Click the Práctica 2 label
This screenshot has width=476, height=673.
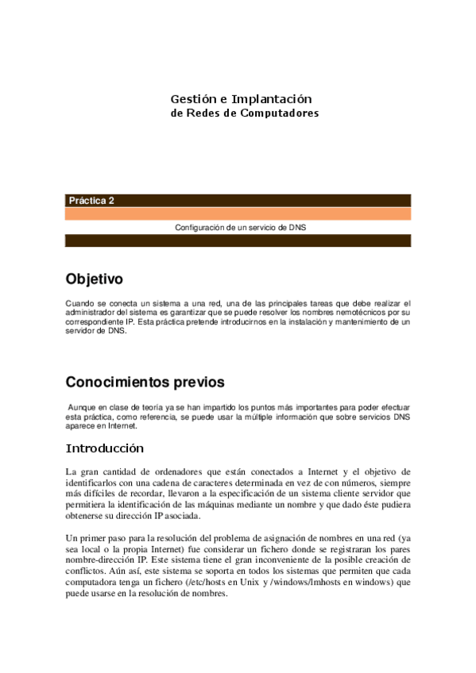91,201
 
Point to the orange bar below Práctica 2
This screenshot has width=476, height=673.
238,213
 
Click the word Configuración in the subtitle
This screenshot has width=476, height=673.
199,227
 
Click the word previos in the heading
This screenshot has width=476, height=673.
203,382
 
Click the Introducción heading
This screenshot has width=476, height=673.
104,448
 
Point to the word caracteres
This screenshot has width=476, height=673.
213,483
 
